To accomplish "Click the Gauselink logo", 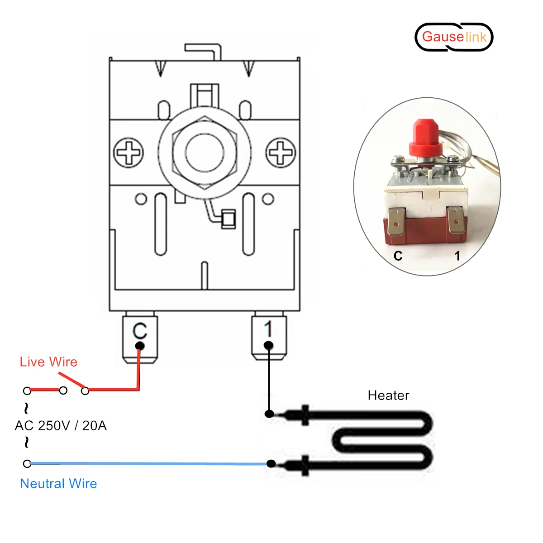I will [454, 37].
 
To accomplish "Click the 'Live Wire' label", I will [48, 362].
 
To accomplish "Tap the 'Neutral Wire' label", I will [58, 484].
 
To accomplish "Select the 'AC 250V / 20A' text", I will [61, 426].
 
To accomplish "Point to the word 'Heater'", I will [388, 395].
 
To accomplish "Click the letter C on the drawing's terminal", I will [140, 331].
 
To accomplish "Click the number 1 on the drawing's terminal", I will [268, 329].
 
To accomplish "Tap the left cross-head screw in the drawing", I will [129, 152].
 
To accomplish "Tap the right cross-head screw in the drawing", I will [281, 152].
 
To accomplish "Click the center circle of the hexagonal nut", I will [205, 152].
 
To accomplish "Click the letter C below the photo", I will [398, 256].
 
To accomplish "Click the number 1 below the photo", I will [457, 256].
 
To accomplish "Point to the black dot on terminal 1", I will [268, 346].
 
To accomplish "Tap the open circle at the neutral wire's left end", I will [27, 464].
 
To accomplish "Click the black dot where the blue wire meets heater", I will [271, 463].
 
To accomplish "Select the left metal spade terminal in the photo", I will [396, 222].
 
